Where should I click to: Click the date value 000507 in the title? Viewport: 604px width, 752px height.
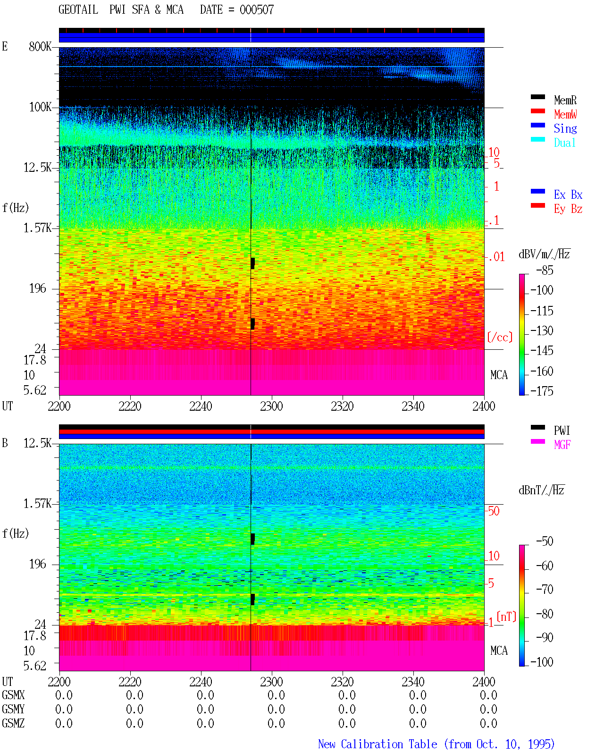pos(256,9)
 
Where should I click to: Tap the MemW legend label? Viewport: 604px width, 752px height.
pos(565,114)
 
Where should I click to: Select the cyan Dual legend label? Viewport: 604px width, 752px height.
pos(564,143)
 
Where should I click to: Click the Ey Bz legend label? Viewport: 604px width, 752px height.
pos(568,209)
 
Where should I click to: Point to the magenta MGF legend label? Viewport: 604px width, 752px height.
pos(562,445)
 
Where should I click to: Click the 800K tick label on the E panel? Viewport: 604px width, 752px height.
pos(40,46)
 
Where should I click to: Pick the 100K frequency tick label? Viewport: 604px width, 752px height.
pos(40,107)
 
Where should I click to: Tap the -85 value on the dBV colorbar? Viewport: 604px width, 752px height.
pos(545,270)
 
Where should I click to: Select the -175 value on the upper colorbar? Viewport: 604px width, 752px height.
pos(542,391)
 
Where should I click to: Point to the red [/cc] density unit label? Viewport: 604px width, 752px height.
pos(500,337)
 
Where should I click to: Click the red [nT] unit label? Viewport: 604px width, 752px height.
pos(506,616)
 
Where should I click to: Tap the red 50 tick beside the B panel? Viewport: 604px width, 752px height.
pos(494,511)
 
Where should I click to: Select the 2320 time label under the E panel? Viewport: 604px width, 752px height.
pos(342,406)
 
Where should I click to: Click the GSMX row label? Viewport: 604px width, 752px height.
pos(13,695)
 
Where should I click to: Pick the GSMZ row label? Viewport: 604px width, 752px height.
pos(13,723)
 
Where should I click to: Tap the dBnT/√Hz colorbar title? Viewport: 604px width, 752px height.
pos(542,490)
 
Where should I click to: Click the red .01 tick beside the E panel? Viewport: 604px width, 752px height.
pos(496,257)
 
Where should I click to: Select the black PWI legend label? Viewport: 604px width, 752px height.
pos(562,431)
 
